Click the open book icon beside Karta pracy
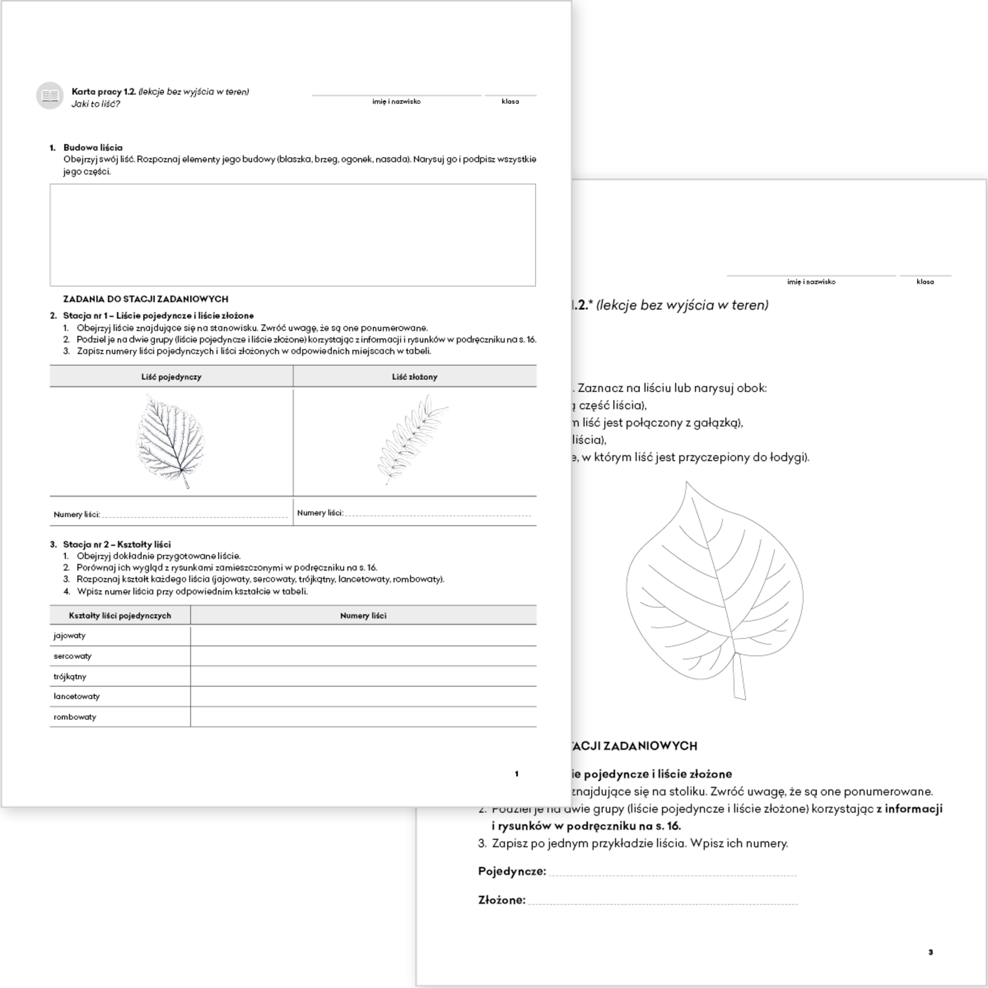(50, 96)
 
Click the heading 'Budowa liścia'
(93, 148)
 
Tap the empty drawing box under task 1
(292, 235)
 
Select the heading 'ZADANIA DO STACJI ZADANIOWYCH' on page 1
(146, 299)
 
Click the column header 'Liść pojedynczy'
(171, 377)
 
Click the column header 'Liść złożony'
(414, 377)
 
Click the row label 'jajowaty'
(69, 636)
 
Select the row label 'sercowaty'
(73, 656)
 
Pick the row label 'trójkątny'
(70, 676)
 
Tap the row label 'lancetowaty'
(77, 696)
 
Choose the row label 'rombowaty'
(75, 717)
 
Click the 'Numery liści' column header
(363, 615)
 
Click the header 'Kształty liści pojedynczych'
(120, 615)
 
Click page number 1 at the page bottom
(517, 774)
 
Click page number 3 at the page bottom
(930, 952)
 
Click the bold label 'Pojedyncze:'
(512, 871)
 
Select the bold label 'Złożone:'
(502, 900)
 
